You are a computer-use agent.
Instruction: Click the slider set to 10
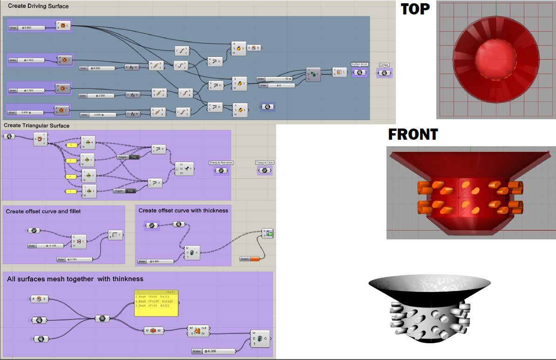pos(277,79)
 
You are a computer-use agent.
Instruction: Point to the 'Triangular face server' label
pos(221,163)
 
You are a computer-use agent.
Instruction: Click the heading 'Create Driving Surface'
pos(38,6)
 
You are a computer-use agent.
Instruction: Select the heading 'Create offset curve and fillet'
pos(43,211)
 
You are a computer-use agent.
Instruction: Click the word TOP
pos(415,9)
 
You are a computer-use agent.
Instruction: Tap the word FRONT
pos(413,135)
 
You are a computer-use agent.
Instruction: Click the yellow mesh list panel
pos(156,303)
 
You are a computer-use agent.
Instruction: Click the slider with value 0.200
pos(214,351)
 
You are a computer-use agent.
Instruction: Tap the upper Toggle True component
pos(128,157)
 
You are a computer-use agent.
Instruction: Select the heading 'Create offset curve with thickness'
pos(183,211)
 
